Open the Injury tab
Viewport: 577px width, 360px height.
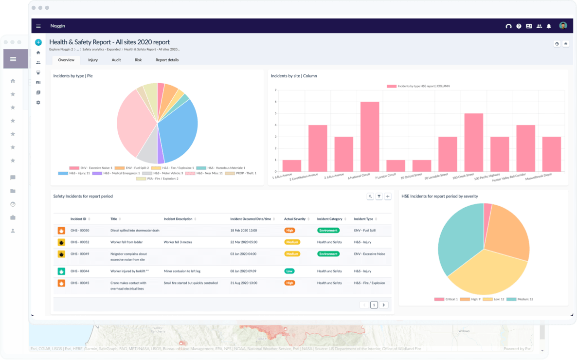pyautogui.click(x=93, y=60)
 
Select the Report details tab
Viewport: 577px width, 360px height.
pyautogui.click(x=167, y=60)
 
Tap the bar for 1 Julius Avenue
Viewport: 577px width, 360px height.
pyautogui.click(x=292, y=165)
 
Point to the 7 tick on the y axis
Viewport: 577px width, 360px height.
pyautogui.click(x=275, y=90)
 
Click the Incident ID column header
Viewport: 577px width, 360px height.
pyautogui.click(x=78, y=219)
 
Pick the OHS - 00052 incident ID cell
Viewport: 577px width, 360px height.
pyautogui.click(x=80, y=242)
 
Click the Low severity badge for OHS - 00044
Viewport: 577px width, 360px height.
pyautogui.click(x=289, y=271)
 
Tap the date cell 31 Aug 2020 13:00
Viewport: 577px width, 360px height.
pyautogui.click(x=243, y=283)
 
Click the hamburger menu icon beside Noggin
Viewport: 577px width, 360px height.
pyautogui.click(x=38, y=26)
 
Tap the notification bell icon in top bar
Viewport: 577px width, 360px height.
pyautogui.click(x=549, y=26)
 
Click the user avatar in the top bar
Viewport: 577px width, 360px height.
pyautogui.click(x=563, y=26)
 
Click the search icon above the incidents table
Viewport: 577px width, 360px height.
pyautogui.click(x=370, y=197)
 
